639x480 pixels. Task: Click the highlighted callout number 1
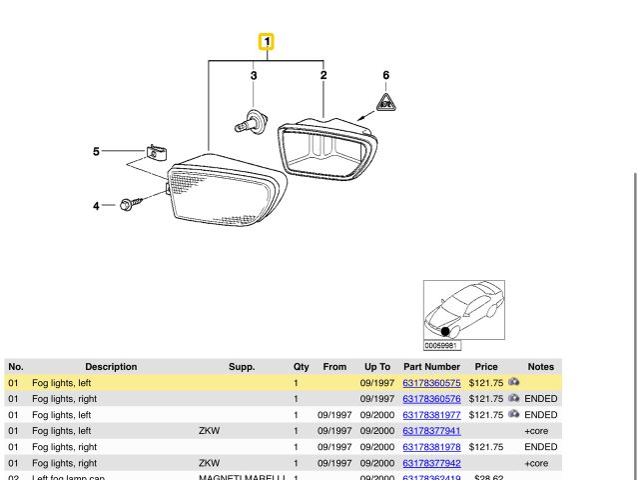click(267, 42)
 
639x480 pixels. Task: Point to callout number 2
click(323, 75)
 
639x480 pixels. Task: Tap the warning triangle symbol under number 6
click(385, 101)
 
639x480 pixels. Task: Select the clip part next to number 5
click(153, 153)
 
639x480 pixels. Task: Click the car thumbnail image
click(464, 310)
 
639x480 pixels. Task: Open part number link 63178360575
click(431, 383)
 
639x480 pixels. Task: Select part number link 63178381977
click(431, 415)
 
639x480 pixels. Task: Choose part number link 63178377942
click(431, 464)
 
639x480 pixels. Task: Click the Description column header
click(111, 367)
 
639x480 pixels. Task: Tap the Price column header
click(486, 367)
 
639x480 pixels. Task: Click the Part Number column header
click(431, 367)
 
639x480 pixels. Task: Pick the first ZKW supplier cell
click(209, 431)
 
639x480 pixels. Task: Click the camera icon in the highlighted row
click(513, 382)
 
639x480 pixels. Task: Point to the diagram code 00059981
click(442, 346)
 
